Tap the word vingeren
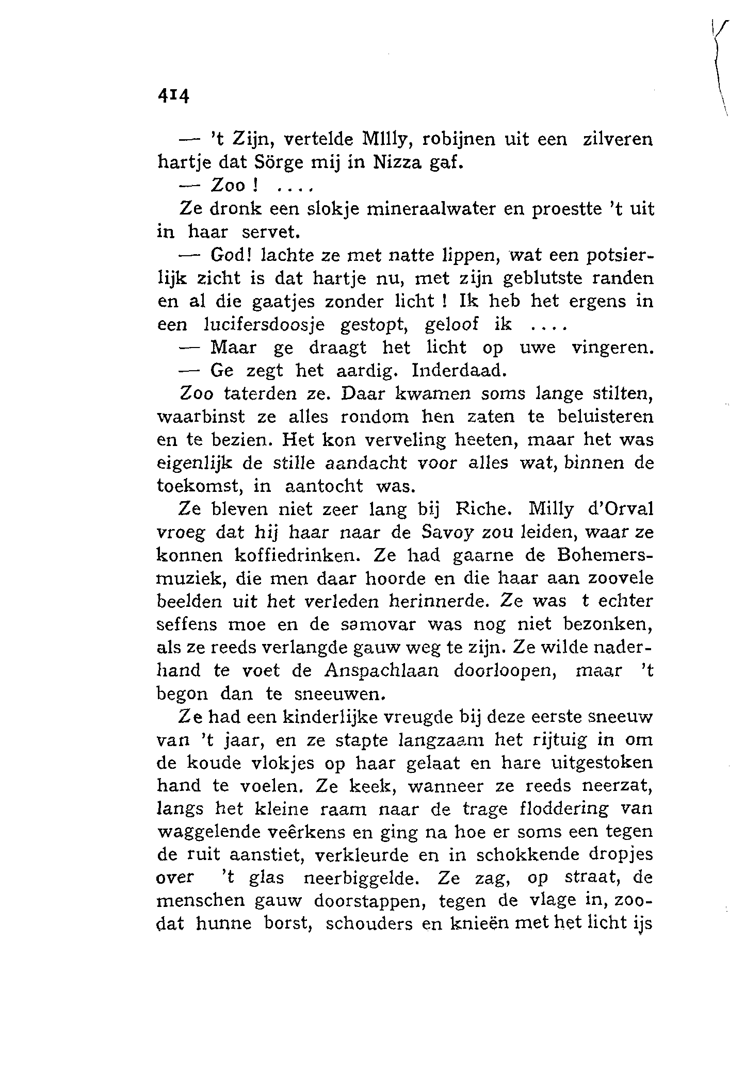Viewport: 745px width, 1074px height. [613, 348]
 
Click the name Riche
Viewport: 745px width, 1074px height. [482, 509]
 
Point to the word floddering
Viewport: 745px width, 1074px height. [563, 809]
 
